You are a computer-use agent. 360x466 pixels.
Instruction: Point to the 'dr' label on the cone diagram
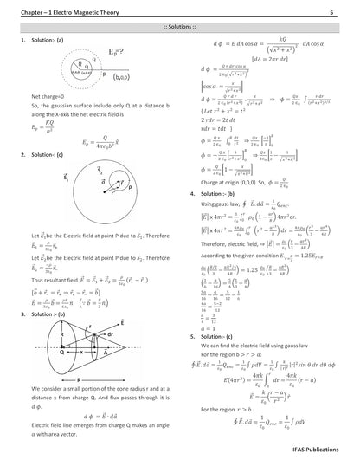click(x=109, y=309)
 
